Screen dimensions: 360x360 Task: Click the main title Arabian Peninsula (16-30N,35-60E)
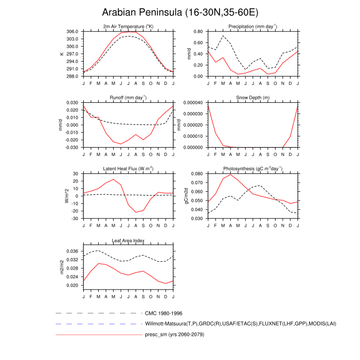click(x=179, y=12)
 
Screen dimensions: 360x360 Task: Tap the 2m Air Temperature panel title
click(x=128, y=26)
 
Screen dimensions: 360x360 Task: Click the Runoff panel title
click(x=128, y=97)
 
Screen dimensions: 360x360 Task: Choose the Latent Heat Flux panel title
click(x=128, y=169)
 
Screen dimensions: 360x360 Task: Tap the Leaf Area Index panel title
click(x=128, y=240)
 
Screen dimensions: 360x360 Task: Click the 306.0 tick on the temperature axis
click(x=72, y=31)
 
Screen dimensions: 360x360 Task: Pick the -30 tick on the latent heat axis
click(x=74, y=219)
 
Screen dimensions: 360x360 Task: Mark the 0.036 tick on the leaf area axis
click(x=72, y=251)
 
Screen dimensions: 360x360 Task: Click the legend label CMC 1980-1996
click(x=164, y=313)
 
